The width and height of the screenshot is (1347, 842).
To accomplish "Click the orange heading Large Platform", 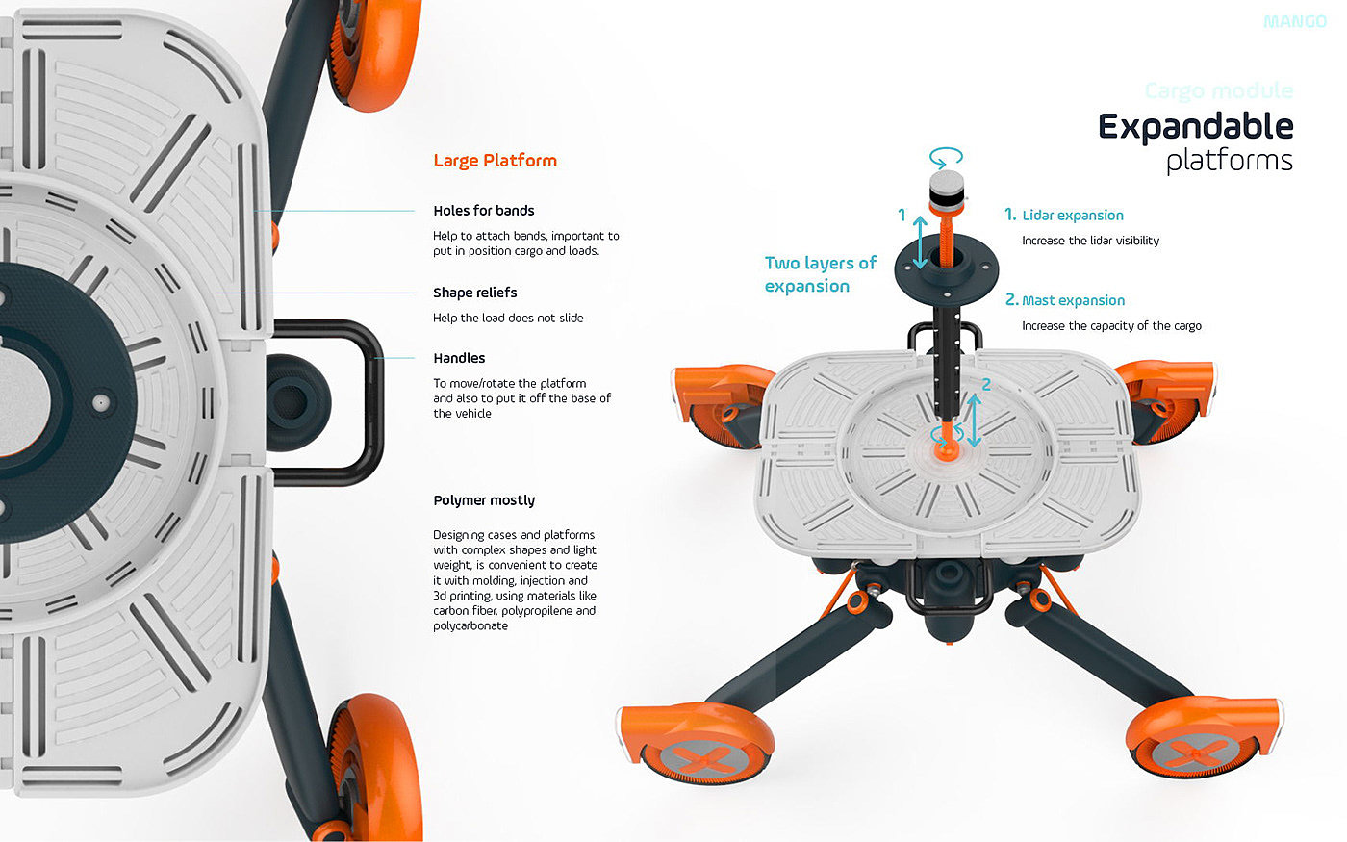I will coord(495,161).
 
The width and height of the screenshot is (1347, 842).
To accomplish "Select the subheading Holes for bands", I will coord(483,211).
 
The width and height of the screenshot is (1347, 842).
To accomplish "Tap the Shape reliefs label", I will coord(474,293).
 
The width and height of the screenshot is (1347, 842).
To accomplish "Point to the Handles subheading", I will coord(459,358).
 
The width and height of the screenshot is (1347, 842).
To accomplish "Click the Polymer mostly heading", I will coord(484,500).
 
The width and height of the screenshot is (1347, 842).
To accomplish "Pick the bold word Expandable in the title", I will coord(1195,127).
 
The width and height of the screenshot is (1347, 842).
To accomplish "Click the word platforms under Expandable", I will coord(1229,160).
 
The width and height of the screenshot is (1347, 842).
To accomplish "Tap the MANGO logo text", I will coord(1294,21).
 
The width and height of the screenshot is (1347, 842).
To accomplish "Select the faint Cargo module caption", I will coord(1218,91).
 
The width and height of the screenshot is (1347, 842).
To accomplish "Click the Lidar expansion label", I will coord(1072,216).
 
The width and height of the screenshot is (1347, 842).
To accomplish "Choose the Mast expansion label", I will coord(1073,300).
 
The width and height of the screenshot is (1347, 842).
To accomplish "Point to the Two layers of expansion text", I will coord(820,274).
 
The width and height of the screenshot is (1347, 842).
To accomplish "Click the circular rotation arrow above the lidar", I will coord(946,156).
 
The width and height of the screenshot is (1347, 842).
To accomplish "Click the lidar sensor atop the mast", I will coord(946,191).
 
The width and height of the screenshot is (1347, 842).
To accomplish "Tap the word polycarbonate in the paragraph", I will coord(470,625).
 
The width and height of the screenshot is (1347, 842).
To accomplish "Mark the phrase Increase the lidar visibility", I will coord(1090,241).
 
